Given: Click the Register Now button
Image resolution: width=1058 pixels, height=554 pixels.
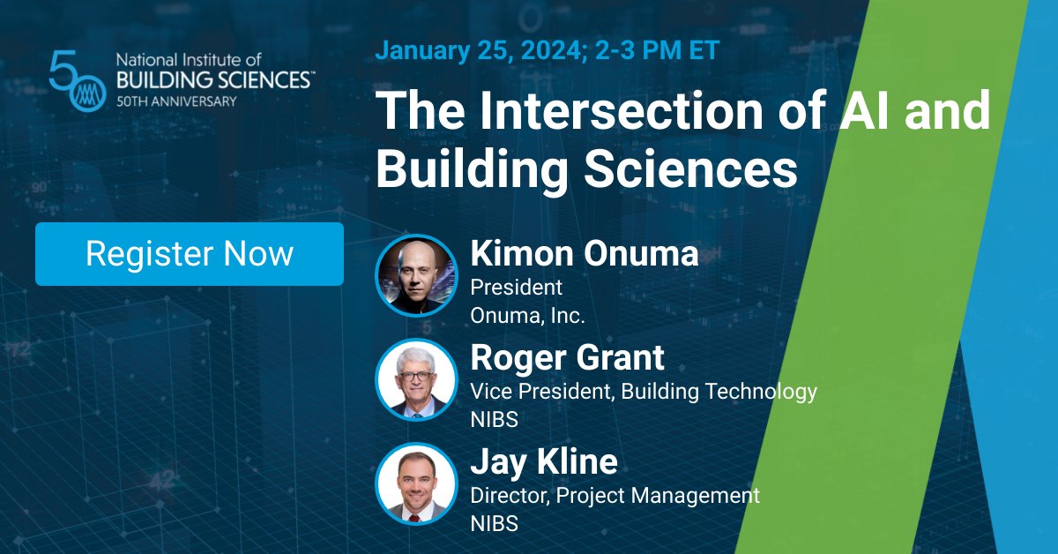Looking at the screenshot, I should pyautogui.click(x=190, y=254).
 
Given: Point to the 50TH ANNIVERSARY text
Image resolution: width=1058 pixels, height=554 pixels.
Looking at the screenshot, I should pyautogui.click(x=176, y=101).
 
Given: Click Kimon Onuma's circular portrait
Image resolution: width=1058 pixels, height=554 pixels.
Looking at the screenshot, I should pyautogui.click(x=416, y=275).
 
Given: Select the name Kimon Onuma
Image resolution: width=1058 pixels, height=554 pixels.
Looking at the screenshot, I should pyautogui.click(x=585, y=254).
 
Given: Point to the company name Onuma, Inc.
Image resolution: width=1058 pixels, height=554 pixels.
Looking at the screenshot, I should pyautogui.click(x=527, y=315).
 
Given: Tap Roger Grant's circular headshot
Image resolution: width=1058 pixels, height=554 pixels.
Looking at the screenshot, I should pyautogui.click(x=416, y=380).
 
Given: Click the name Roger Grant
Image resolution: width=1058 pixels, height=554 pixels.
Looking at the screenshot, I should pyautogui.click(x=567, y=358).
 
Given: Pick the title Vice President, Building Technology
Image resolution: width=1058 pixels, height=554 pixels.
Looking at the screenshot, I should pyautogui.click(x=644, y=391).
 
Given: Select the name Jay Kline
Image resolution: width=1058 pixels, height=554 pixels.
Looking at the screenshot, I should pyautogui.click(x=544, y=462).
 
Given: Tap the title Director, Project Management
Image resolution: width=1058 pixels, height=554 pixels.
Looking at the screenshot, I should pyautogui.click(x=615, y=495).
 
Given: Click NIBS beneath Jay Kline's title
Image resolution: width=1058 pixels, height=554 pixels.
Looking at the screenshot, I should pyautogui.click(x=494, y=523).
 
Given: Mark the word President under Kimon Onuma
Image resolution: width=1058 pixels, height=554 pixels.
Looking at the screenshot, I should pyautogui.click(x=516, y=288).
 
